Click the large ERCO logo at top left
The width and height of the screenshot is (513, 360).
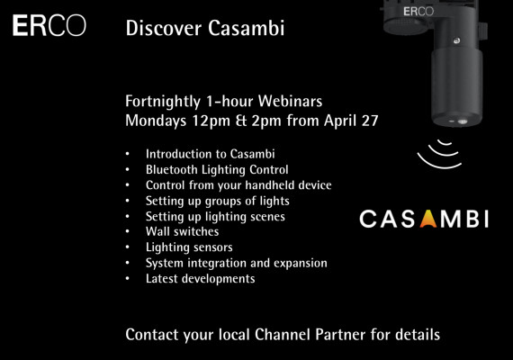coord(49,25)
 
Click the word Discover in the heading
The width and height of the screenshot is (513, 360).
coord(164,28)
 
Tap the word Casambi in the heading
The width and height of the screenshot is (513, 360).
coord(247,28)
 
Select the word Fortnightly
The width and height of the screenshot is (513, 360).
coord(163,102)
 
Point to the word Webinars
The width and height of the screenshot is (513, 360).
coord(290,101)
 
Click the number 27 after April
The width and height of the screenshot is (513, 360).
coord(370,121)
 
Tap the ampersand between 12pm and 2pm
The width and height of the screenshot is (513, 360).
coord(241,121)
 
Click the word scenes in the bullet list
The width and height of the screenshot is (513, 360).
coord(266,217)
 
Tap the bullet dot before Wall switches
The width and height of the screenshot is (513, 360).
coord(128,231)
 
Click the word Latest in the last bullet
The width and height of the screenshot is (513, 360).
coord(162,278)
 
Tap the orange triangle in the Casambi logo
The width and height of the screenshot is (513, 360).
coord(428,219)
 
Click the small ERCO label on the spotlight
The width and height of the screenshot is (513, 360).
coord(418,12)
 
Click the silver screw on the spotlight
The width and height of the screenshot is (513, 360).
coord(456,40)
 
